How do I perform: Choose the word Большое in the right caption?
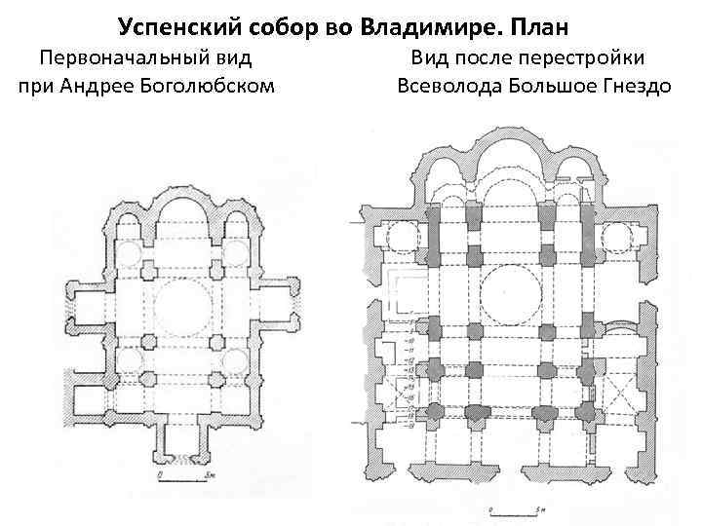[556, 86]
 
